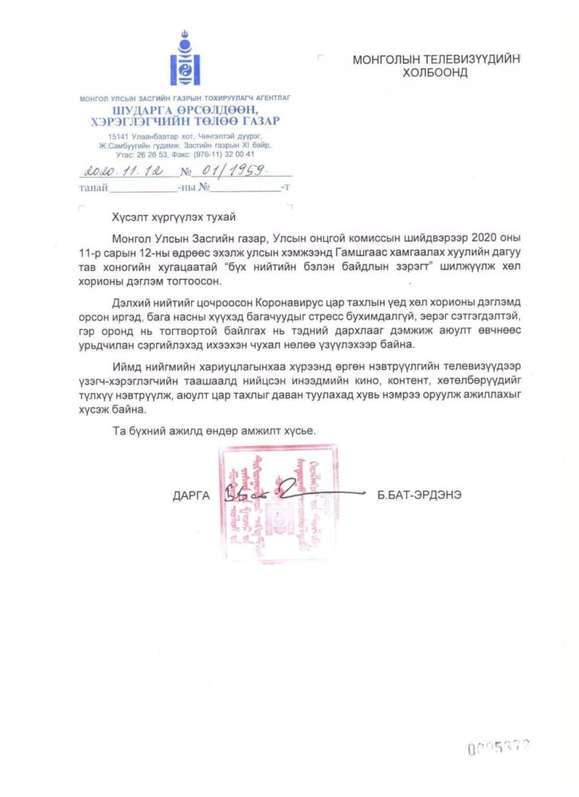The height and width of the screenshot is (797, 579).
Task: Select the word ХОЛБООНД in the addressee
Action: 433,73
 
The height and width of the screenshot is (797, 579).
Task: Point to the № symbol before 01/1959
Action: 188,171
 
